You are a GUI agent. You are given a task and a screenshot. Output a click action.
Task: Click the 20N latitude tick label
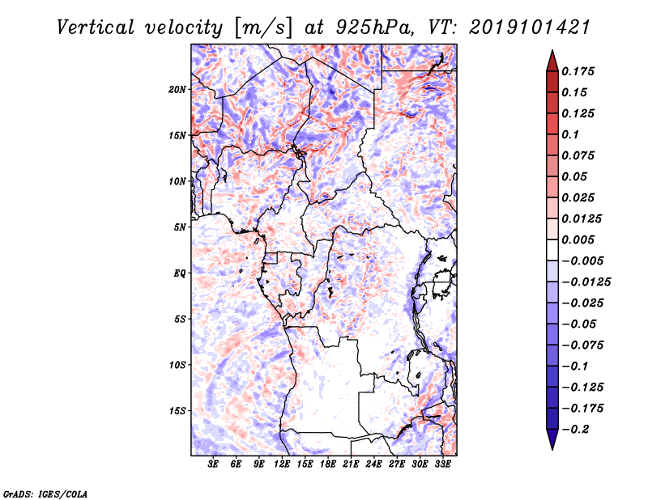(x=177, y=89)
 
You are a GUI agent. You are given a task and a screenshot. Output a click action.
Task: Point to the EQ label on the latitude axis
(x=180, y=273)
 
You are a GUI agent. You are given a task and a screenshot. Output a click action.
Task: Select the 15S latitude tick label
(x=177, y=411)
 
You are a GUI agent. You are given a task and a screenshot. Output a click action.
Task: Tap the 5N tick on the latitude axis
(x=180, y=227)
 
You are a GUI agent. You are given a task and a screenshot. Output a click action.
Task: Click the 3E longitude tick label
(x=214, y=464)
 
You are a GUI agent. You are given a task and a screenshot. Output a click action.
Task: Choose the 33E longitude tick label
(x=442, y=464)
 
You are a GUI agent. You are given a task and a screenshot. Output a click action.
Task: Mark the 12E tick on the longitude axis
(x=282, y=464)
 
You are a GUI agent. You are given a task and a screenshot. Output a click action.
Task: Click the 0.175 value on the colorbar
(x=581, y=71)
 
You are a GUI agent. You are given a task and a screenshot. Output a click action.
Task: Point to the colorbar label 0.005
(x=581, y=239)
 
